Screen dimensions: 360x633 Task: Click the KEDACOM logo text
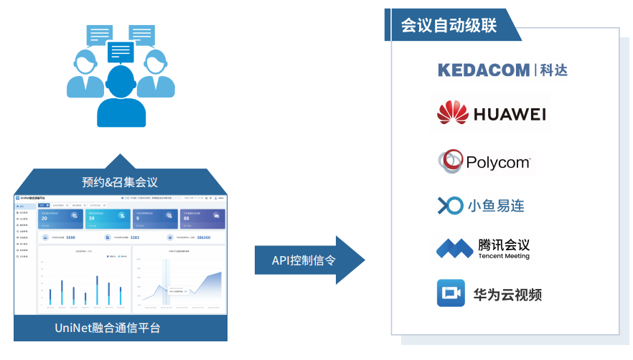coord(484,70)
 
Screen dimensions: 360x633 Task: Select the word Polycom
coord(498,163)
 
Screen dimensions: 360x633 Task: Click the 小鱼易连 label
coord(496,206)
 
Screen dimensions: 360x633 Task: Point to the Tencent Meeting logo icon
coord(454,248)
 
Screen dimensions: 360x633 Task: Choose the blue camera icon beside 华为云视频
coord(451,293)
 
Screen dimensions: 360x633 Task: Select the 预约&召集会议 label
coord(120,181)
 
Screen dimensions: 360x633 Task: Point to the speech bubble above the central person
coord(121,52)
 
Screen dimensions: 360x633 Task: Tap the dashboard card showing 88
coord(202,217)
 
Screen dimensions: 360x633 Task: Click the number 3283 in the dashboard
coord(134,237)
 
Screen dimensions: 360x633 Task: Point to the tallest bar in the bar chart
coord(97,290)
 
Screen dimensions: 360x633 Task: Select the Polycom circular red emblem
coord(451,161)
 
